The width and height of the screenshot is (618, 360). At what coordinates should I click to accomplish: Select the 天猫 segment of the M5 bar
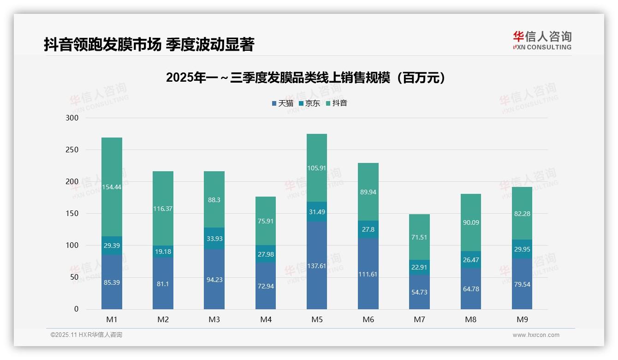tap(317, 265)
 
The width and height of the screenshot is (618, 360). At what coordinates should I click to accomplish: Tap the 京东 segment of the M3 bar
tap(214, 238)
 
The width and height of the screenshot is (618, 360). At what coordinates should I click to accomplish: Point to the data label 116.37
tap(163, 209)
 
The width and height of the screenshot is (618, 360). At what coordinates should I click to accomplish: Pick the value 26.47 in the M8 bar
tap(471, 260)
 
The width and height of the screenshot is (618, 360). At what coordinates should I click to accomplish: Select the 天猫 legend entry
tap(282, 103)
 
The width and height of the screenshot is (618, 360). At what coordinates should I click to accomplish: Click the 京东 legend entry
tap(309, 103)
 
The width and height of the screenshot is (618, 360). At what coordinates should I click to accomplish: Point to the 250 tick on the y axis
tap(72, 150)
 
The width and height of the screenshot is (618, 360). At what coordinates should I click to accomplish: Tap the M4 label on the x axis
tap(266, 319)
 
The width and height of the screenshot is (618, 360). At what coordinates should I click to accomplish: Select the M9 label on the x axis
tap(522, 319)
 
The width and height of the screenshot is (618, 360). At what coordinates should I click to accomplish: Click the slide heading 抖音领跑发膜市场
tap(149, 44)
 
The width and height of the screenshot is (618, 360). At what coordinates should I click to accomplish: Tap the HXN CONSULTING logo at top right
tap(542, 41)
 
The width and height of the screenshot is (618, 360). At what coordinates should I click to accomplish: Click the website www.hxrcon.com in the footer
tap(536, 335)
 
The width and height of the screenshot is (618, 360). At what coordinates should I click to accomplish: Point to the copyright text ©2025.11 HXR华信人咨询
tap(86, 335)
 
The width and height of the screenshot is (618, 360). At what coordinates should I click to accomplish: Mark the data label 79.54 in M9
tap(522, 284)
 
